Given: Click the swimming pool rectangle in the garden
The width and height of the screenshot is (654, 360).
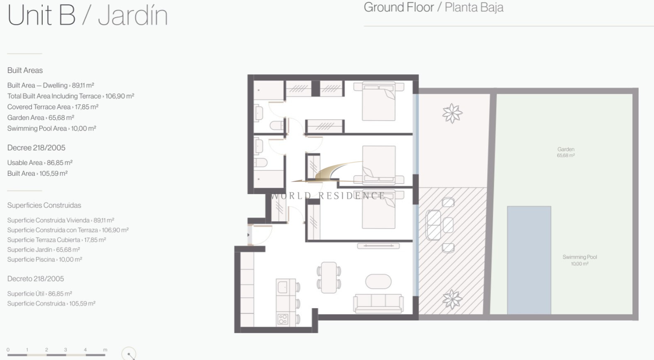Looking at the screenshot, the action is (529, 260).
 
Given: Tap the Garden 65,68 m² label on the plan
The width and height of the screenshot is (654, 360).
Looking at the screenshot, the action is (566, 152).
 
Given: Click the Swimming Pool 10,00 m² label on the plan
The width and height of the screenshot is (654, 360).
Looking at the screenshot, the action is (580, 260).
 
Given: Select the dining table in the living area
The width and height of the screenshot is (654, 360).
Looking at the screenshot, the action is (329, 277).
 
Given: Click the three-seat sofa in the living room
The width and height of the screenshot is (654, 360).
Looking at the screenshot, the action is (378, 304).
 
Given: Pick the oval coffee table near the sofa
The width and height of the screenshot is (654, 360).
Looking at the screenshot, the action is (378, 282).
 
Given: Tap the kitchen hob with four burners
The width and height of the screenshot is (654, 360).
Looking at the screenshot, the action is (283, 319).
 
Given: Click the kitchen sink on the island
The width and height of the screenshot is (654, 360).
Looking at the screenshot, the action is (283, 287).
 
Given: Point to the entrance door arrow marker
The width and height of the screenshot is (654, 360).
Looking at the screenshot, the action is (249, 235).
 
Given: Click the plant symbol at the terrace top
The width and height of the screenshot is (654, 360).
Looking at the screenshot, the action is (452, 113).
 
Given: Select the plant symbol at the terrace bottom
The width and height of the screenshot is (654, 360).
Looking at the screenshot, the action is (452, 299).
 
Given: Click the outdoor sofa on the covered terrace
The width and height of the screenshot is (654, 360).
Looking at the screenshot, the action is (433, 225).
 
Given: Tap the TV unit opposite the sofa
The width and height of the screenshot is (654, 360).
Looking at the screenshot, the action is (378, 246).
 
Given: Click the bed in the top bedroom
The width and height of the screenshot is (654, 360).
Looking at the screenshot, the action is (379, 101).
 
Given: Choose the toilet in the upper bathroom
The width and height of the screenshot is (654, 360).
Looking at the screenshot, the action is (277, 125).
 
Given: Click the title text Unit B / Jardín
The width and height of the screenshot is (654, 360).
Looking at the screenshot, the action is (88, 15).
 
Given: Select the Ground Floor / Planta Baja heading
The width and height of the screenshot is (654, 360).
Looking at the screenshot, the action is (434, 7).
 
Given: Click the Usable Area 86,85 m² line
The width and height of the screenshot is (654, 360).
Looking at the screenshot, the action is (40, 163).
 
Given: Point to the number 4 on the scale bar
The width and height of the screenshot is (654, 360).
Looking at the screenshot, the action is (85, 350).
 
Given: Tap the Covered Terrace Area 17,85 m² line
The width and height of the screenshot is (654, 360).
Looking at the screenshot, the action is (53, 107).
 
